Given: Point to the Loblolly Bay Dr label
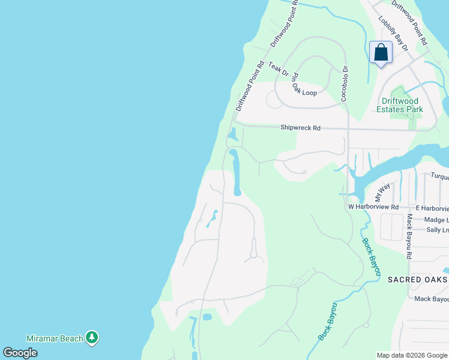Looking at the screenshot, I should coord(393,33).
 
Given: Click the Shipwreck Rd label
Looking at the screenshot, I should coord(301,128).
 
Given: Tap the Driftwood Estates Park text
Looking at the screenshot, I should coord(400,105).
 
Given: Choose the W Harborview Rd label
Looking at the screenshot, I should coord(373,207).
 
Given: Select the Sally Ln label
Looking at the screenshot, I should coord(437,230).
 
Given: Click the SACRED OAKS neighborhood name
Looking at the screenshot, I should coord(417,280).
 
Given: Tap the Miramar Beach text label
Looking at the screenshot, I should coord(55,338).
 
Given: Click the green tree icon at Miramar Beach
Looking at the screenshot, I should coord(92,338).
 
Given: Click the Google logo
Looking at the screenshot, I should coord(20,353).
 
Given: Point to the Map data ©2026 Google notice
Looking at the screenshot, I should coord(411,355).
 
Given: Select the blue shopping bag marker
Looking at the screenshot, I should coord(381,53).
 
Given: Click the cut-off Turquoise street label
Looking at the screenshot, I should coord(439,176).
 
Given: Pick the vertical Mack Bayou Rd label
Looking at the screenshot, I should coord(409,236).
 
